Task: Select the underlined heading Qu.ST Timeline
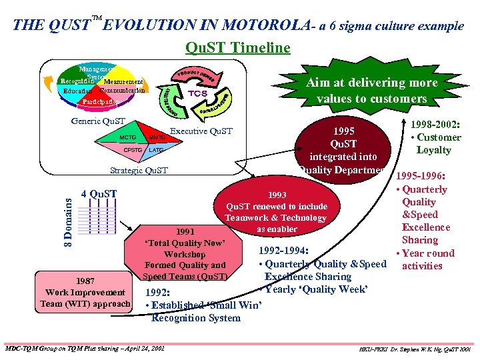tap(238, 47)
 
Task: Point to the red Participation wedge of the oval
tap(101, 102)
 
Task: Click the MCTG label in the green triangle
tap(127, 137)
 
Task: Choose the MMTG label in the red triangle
tap(157, 137)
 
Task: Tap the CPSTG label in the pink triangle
tap(133, 150)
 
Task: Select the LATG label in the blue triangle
tap(156, 150)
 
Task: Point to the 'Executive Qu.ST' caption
tap(201, 131)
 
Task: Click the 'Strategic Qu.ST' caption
tap(139, 171)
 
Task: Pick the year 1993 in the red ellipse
tap(277, 195)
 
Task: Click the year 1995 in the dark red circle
tap(347, 131)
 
